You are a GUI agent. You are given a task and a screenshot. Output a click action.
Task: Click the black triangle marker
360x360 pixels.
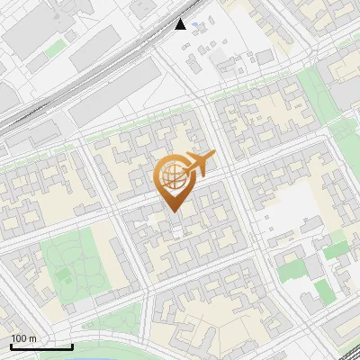click(182, 24)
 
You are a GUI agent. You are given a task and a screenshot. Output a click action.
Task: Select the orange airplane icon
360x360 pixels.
click(201, 165)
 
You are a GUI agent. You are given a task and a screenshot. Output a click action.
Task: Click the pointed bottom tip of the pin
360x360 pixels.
click(175, 211)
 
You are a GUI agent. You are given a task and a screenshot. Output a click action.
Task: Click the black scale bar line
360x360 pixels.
click(41, 346)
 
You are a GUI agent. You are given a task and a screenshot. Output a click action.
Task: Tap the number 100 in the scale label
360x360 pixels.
click(19, 338)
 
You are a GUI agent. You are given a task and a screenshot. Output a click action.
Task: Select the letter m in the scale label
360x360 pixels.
click(32, 338)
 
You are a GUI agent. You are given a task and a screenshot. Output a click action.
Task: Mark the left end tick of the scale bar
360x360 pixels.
click(11, 345)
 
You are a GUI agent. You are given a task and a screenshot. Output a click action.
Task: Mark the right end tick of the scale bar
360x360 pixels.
click(72, 345)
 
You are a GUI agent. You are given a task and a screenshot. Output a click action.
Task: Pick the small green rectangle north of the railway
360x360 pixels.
click(56, 45)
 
